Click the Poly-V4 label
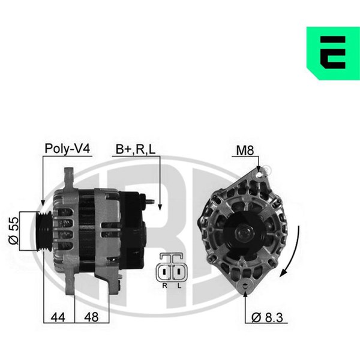coord(67,149)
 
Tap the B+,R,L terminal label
coord(136,149)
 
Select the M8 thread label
coord(245,151)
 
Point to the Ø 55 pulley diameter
coord(13,230)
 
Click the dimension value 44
coord(58,317)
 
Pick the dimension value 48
coord(91,317)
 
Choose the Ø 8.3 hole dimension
coord(267,317)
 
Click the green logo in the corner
coord(333,53)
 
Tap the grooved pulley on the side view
coord(44,231)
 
